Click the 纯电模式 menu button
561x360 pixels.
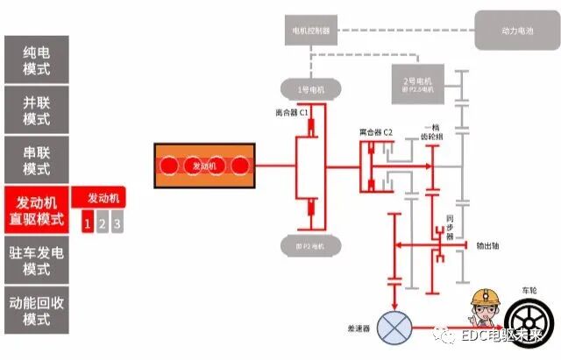37,59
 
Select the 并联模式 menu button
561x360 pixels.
37,109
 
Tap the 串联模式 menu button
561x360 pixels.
37,159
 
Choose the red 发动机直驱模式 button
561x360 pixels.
37,210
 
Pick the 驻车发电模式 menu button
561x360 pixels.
37,260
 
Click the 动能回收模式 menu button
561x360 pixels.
37,309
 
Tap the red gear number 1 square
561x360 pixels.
87,224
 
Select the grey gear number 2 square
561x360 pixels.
102,224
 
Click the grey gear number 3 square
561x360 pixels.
117,224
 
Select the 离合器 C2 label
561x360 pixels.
375,132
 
